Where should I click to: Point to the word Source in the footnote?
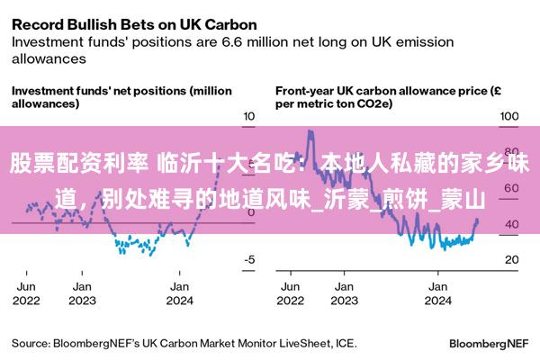pyautogui.click(x=31, y=343)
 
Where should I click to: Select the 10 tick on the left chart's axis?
pyautogui.click(x=251, y=116)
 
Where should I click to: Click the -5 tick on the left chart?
pyautogui.click(x=251, y=259)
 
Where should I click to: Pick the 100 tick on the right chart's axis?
pyautogui.click(x=510, y=116)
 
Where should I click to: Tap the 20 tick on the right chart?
pyautogui.click(x=510, y=259)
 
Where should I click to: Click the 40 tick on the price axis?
pyautogui.click(x=510, y=224)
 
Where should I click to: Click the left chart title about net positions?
pyautogui.click(x=121, y=96)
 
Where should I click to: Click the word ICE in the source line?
pyautogui.click(x=346, y=343)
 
